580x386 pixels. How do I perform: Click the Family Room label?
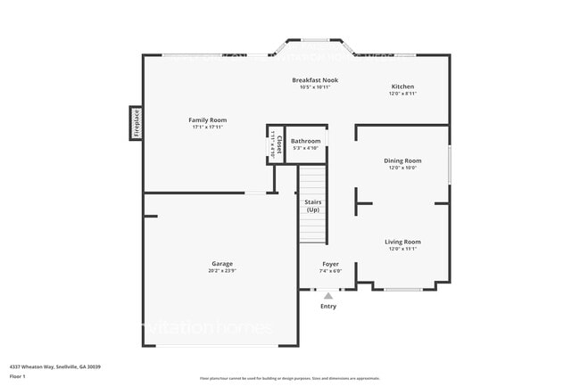pos(207,119)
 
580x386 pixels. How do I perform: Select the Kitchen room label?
pos(402,86)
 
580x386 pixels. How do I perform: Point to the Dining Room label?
pos(402,160)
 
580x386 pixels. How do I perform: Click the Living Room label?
pos(402,242)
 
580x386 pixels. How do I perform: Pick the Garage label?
pos(222,263)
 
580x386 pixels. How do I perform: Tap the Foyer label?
pos(330,263)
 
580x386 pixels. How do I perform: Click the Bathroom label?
pos(305,141)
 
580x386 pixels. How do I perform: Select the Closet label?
pos(278,142)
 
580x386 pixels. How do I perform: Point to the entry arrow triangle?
pos(328,295)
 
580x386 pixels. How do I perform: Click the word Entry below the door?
pos(328,306)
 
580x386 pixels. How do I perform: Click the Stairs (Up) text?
pos(313,206)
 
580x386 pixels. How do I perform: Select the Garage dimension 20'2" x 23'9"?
pos(222,270)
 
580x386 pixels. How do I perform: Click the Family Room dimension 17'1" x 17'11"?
pos(207,127)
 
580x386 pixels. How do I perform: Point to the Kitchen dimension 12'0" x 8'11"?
pos(402,94)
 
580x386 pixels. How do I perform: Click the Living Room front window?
pos(402,288)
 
